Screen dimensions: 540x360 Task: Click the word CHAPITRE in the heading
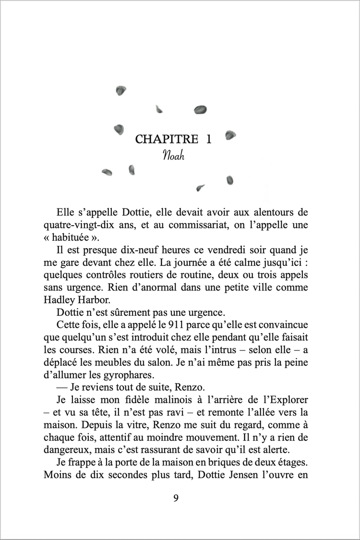tap(167, 139)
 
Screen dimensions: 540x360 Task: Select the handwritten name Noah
tap(173, 156)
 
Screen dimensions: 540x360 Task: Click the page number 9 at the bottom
tap(176, 498)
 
